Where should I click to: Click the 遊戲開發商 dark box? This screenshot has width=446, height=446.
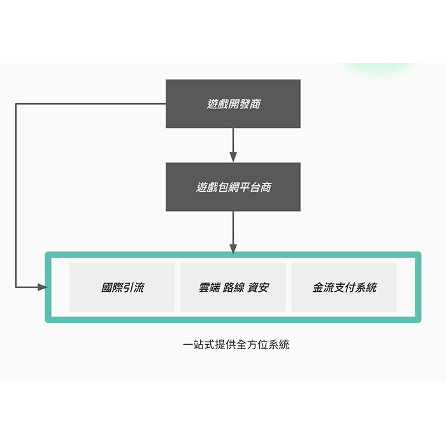tap(233, 103)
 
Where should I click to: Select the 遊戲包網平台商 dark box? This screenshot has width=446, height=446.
tap(233, 187)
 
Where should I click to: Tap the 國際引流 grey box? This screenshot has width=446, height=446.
tap(122, 287)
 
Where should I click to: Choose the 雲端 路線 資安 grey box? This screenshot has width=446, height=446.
tap(233, 287)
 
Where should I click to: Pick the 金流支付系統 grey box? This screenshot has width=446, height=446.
tap(344, 287)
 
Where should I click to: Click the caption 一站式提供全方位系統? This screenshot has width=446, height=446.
tap(236, 345)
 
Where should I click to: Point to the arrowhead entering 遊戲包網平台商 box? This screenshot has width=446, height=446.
tap(233, 157)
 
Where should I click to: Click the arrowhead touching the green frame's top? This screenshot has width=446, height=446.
tap(233, 249)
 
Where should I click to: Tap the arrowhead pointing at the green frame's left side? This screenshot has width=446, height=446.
tap(43, 287)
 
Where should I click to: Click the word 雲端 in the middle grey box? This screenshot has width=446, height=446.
tap(210, 287)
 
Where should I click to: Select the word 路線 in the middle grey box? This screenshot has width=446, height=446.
tap(234, 287)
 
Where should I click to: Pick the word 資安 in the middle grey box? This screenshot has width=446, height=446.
tap(258, 287)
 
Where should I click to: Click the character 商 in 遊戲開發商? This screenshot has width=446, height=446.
tap(255, 104)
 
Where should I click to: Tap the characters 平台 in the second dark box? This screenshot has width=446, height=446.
tap(250, 187)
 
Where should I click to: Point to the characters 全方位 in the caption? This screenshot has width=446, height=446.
tap(252, 345)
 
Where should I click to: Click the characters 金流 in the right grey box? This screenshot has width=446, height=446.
tap(324, 287)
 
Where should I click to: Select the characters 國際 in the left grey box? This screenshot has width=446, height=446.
tap(111, 287)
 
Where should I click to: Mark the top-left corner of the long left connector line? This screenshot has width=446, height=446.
tap(16, 104)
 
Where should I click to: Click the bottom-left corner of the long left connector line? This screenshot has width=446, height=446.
tap(16, 287)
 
